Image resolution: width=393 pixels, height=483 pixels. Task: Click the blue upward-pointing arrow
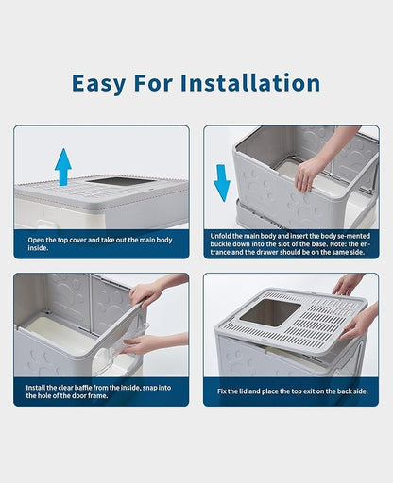[62, 166]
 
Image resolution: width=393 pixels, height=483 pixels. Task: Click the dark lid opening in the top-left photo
[124, 181]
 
